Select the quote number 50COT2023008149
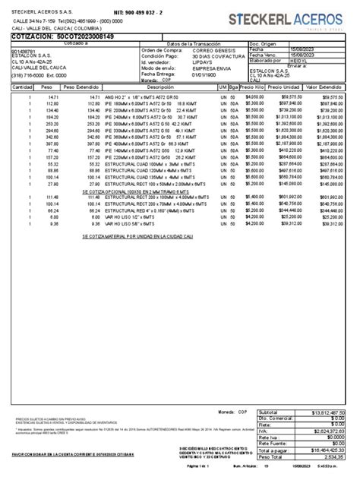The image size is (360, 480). [x=74, y=36]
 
